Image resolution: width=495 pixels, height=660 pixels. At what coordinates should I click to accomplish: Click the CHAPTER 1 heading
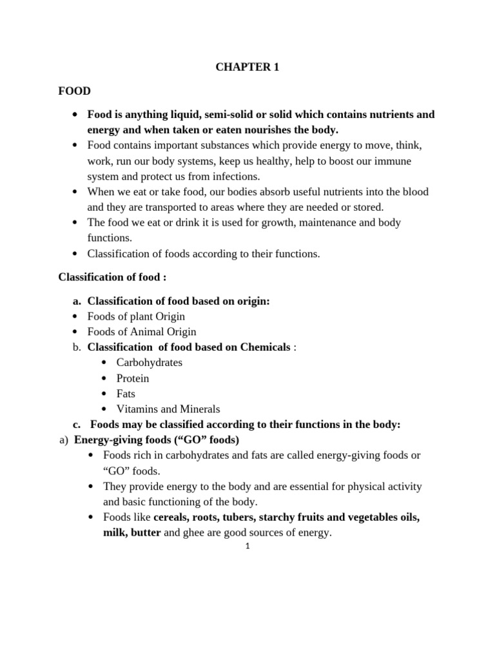tap(247, 68)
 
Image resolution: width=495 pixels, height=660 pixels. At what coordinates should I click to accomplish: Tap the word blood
tap(414, 191)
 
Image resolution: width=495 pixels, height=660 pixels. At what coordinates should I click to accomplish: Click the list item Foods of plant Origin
tap(136, 316)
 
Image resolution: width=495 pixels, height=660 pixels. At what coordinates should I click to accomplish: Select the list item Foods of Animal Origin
tap(142, 331)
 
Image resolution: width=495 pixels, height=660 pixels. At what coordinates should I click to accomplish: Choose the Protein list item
tap(132, 378)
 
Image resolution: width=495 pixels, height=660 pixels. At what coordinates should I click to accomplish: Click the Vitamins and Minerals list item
tap(168, 409)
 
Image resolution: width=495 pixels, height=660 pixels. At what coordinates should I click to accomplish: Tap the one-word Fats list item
tap(126, 393)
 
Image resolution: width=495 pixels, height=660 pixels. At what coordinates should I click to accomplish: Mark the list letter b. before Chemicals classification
tap(77, 347)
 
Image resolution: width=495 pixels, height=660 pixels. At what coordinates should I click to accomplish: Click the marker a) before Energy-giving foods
tap(63, 440)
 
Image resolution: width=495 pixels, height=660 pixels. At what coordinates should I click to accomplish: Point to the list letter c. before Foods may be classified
tap(77, 424)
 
